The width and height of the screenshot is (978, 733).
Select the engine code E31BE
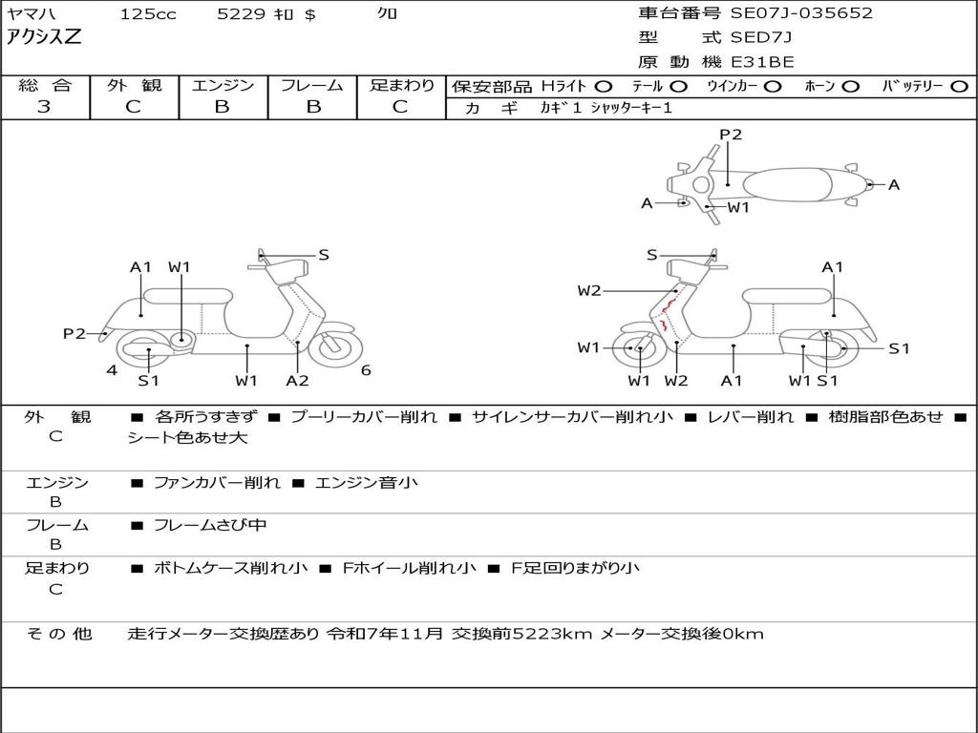coord(761,62)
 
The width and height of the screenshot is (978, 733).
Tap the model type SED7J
coord(761,38)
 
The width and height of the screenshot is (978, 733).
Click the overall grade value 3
coord(44,107)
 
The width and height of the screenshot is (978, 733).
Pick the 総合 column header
coord(44,85)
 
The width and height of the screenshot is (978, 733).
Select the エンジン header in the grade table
coord(223,85)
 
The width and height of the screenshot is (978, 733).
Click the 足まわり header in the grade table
coord(401,85)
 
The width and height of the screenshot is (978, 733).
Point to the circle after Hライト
coord(603,86)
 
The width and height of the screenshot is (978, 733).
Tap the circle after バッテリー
coord(959,86)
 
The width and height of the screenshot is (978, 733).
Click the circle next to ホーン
coord(851,86)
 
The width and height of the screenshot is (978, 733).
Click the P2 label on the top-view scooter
coord(731,135)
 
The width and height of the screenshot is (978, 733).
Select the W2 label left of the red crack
coord(589,291)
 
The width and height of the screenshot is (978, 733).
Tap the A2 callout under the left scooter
coord(298,381)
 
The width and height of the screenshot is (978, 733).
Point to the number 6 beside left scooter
coord(366,370)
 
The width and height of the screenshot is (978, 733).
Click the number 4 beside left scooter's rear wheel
coord(112,370)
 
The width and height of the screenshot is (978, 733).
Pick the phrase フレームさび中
coord(210,525)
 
